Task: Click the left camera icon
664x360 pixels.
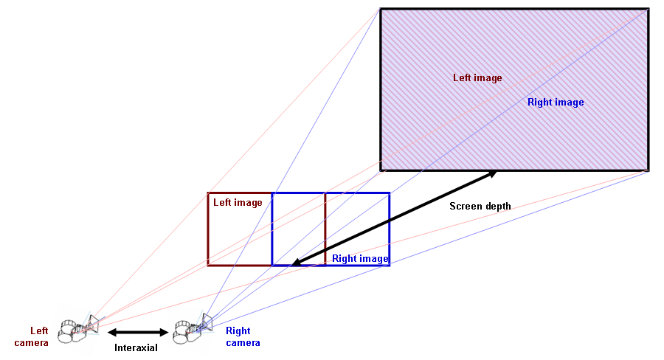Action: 77,328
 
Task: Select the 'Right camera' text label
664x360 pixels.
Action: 243,336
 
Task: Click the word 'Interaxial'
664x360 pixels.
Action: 136,347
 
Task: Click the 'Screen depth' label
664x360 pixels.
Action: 480,207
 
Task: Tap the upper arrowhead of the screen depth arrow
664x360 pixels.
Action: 492,173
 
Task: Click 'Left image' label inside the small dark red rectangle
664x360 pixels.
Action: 238,202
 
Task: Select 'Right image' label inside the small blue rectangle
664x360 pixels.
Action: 359,258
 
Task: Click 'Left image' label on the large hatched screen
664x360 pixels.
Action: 477,77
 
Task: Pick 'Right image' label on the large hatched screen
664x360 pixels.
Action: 556,102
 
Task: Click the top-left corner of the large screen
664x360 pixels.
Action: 381,9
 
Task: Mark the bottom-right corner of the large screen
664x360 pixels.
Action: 648,170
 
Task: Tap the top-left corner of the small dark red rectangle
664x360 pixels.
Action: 209,193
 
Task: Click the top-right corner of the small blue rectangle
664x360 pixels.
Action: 389,193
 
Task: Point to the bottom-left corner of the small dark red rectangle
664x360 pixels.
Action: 209,264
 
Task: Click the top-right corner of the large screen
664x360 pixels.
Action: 648,9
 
